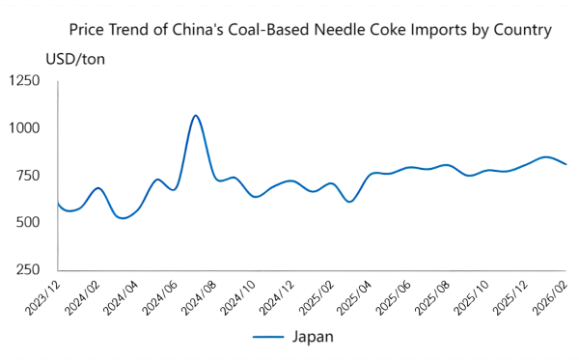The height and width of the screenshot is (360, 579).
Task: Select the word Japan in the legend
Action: click(313, 337)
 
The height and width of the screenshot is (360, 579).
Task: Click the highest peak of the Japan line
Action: click(196, 116)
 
